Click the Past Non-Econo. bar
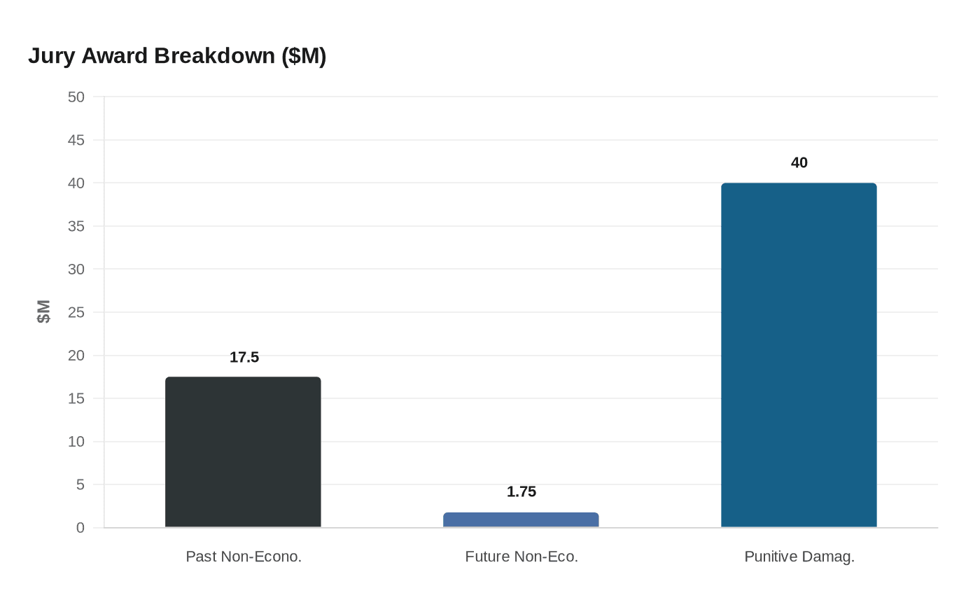(243, 452)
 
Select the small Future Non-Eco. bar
(521, 520)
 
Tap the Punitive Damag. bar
(799, 355)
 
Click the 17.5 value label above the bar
(244, 358)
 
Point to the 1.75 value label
(521, 492)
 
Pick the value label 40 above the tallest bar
(799, 163)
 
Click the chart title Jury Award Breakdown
(177, 56)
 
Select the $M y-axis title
(44, 311)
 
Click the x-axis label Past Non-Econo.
(244, 557)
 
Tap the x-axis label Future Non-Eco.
(521, 557)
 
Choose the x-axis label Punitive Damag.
(799, 557)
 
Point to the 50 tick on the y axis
(76, 97)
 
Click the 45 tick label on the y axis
(76, 141)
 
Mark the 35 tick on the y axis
(76, 227)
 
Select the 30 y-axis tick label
(76, 269)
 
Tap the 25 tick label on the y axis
(76, 313)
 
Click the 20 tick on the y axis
(76, 356)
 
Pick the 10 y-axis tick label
(76, 442)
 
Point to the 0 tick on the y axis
(80, 528)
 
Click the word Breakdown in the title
(215, 56)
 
